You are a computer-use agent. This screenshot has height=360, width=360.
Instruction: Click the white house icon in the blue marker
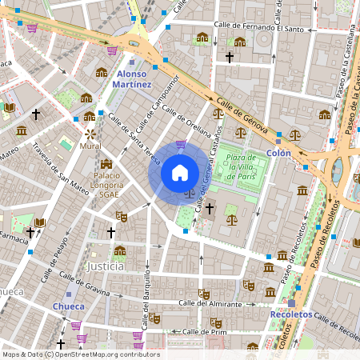pyautogui.click(x=180, y=173)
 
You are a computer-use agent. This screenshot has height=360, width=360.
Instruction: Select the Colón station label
pyautogui.click(x=278, y=152)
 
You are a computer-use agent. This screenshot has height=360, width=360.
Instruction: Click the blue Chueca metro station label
pyautogui.click(x=68, y=306)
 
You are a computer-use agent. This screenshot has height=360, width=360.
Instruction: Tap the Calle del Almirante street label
pyautogui.click(x=210, y=304)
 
